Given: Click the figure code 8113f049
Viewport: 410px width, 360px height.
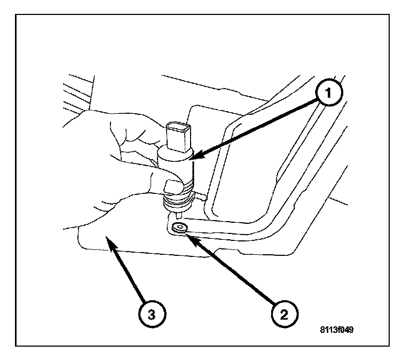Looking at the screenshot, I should point(335,330).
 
